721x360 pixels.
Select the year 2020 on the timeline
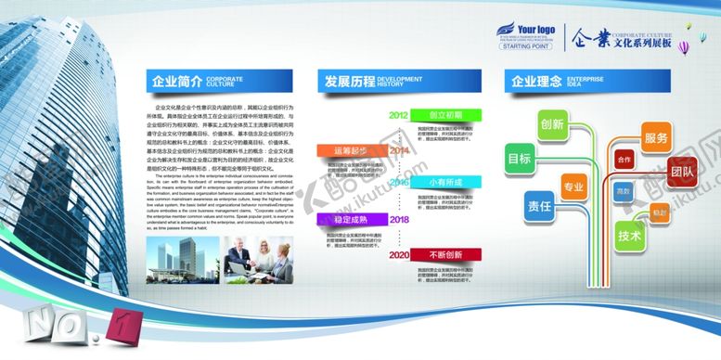tap(399, 254)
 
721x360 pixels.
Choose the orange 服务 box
tap(656, 138)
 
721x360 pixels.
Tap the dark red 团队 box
tap(682, 173)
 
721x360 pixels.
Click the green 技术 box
tap(629, 236)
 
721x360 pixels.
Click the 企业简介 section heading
tap(176, 82)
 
